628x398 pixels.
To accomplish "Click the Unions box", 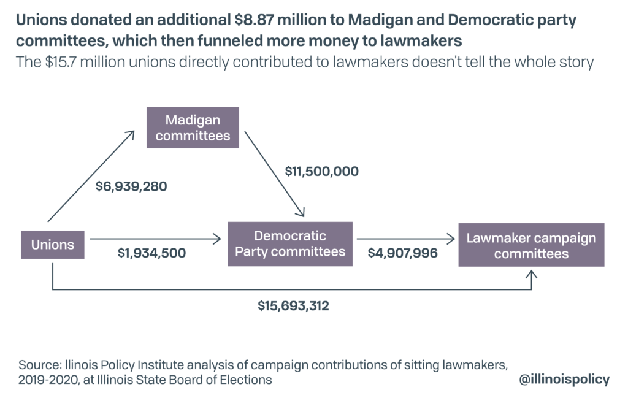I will coord(53,245).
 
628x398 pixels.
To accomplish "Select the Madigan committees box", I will coord(193,128).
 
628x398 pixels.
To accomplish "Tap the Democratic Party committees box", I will coord(290,243).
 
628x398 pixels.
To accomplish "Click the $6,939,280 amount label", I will coord(131,186).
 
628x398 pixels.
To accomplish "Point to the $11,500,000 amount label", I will coord(321,171).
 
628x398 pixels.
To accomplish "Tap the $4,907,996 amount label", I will coord(402,252).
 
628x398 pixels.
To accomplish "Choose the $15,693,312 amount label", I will coord(293,305).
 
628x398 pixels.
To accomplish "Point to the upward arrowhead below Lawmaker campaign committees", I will coord(531,277).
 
